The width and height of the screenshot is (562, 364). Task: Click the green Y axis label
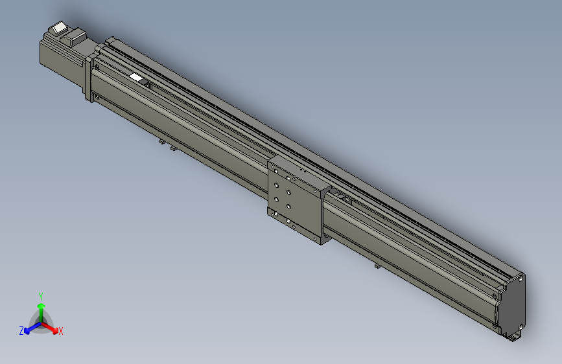point(40,295)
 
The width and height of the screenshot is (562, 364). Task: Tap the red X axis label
point(61,332)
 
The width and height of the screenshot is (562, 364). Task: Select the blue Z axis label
point(21,330)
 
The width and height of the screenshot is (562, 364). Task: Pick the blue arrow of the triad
point(29,328)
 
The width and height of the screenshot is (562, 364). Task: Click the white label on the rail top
point(136,78)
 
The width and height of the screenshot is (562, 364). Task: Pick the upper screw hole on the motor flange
point(97,66)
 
